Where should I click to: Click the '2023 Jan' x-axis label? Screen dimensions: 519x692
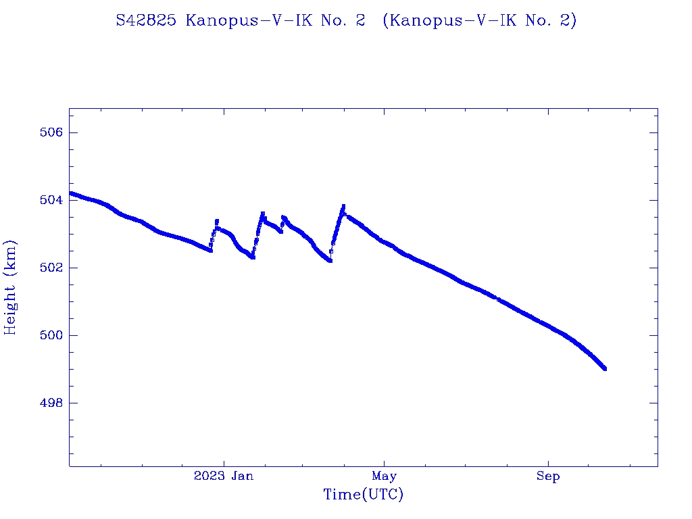click(224, 476)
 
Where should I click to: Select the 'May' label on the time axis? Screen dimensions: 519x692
click(384, 476)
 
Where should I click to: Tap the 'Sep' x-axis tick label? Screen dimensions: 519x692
click(548, 476)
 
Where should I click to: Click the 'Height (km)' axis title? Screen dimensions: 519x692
click(11, 287)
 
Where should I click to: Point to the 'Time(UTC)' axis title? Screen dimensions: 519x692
click(363, 495)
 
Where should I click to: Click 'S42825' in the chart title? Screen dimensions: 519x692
click(147, 21)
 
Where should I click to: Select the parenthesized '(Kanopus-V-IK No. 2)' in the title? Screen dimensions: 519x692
click(479, 21)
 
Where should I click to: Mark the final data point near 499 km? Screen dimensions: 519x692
click(604, 368)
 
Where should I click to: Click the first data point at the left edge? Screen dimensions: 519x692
click(70, 193)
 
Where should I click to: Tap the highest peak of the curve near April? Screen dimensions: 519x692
click(343, 206)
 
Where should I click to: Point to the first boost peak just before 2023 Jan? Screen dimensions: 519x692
click(217, 220)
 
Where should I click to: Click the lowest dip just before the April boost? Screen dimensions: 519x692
click(330, 261)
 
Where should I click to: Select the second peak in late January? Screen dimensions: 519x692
click(262, 214)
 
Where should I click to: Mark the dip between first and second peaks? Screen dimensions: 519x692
click(253, 257)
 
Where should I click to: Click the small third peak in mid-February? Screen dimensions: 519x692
click(283, 217)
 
